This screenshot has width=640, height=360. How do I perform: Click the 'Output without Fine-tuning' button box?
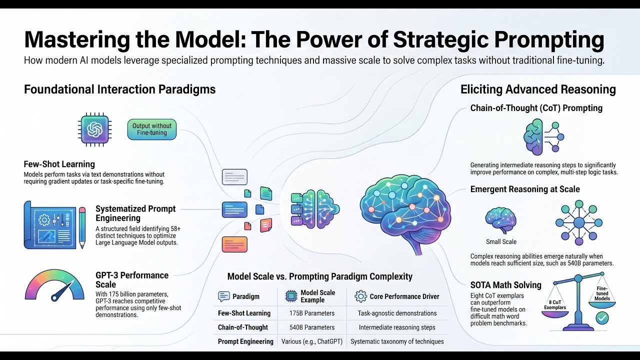pos(151,129)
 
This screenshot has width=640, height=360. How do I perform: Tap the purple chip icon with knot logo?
pos(95,129)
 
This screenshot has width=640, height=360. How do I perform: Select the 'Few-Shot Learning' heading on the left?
pos(59,164)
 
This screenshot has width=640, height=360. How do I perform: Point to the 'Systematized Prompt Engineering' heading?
pos(135,213)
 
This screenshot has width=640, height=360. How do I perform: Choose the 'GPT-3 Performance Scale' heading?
pos(132,280)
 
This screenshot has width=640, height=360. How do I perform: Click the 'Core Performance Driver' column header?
pos(404,296)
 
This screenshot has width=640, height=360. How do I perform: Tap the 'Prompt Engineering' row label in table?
pos(245,341)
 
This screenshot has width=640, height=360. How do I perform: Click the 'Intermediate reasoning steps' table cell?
pos(397,327)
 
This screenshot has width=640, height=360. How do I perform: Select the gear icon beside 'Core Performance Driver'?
pos(360,296)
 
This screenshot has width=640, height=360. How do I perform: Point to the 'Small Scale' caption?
pos(501,242)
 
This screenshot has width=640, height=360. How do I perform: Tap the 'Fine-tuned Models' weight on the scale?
pos(602,296)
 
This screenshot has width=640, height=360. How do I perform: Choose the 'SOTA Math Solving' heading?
pos(505,285)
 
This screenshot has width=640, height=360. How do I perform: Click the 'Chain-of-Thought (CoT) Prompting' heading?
pos(536,108)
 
